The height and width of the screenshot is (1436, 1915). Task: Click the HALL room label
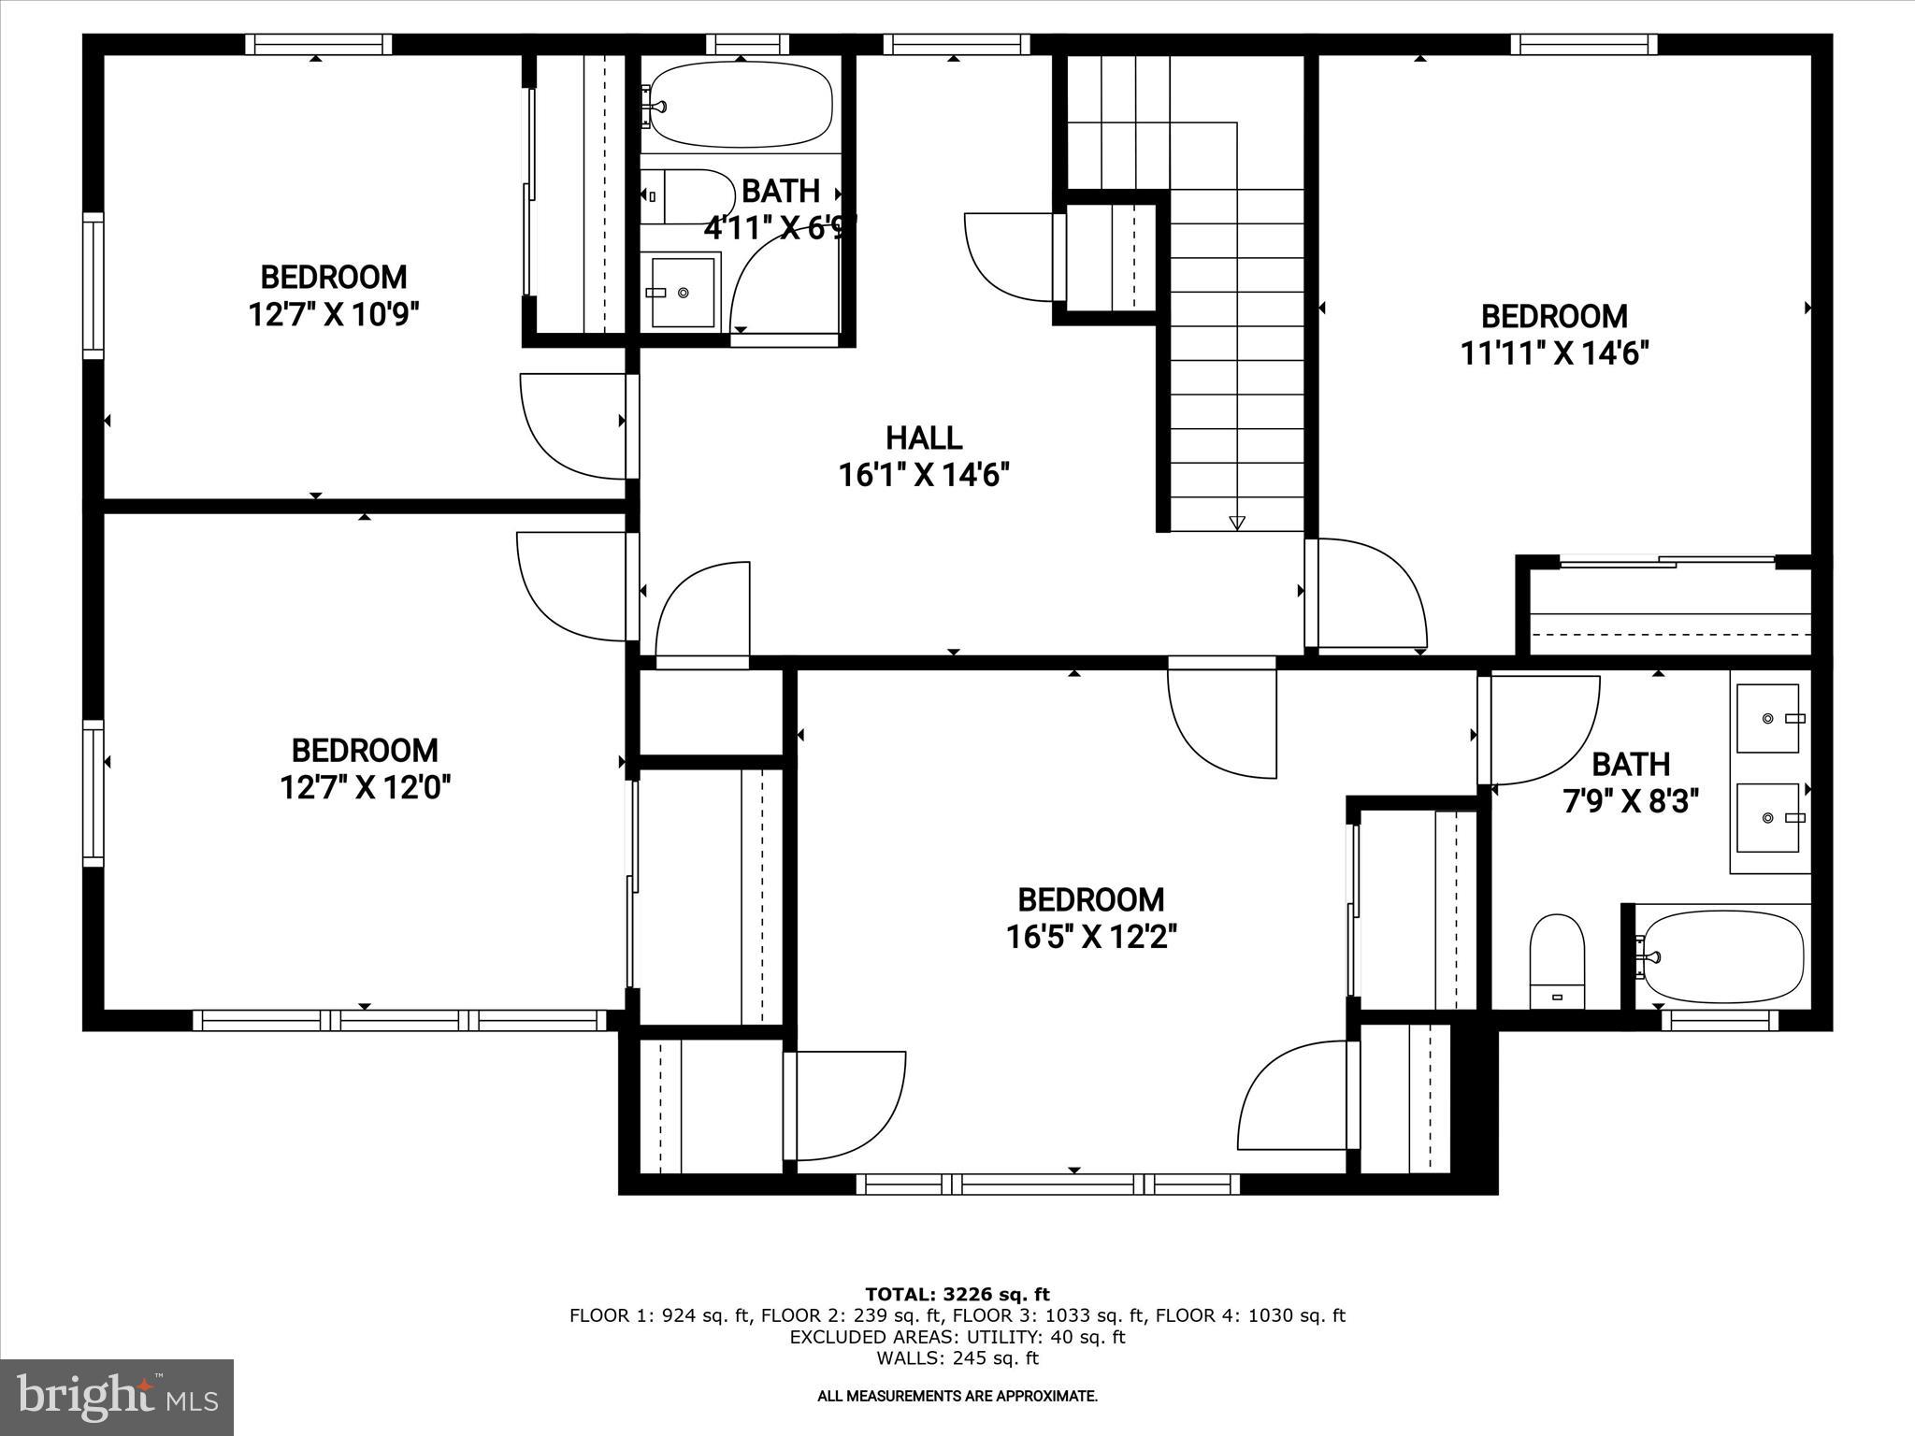pos(924,438)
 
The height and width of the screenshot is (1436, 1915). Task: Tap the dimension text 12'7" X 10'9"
pos(333,314)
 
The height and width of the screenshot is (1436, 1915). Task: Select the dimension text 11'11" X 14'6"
pos(1554,353)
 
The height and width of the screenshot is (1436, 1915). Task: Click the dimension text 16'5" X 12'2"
pos(1090,937)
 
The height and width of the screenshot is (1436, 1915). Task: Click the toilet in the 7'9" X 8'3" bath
pos(1557,961)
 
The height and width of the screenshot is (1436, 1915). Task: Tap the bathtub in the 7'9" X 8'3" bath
pos(1722,956)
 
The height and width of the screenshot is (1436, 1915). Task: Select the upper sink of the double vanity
pos(1768,718)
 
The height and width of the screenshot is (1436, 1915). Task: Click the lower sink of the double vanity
pos(1768,818)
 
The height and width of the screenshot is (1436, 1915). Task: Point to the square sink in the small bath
pos(684,293)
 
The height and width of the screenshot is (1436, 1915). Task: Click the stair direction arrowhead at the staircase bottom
pos(1237,523)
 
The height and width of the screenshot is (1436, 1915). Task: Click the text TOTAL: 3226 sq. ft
pos(957,1294)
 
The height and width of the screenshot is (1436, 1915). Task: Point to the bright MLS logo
pos(116,1397)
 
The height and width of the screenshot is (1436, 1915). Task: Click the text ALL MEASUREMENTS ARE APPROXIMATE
pos(957,1396)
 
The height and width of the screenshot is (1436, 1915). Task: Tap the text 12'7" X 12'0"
pos(366,788)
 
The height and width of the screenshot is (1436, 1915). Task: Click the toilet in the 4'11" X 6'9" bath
pos(687,196)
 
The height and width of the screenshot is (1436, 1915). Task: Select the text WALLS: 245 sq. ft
pos(957,1358)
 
